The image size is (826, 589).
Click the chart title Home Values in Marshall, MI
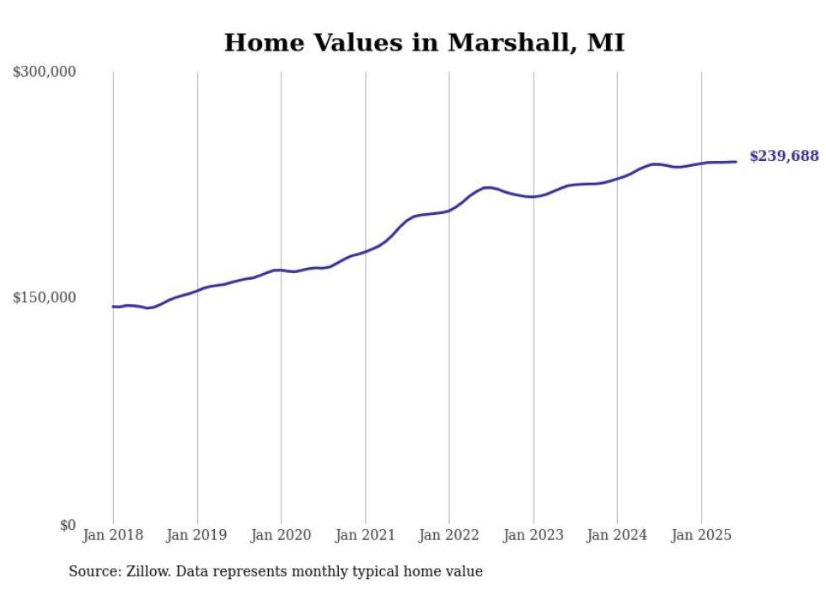(x=424, y=43)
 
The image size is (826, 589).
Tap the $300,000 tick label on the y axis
(x=45, y=72)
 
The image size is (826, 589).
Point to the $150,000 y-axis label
(x=45, y=297)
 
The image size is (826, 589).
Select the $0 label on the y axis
(x=67, y=525)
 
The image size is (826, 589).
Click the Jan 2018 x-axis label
(x=113, y=535)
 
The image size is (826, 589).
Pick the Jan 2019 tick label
(x=197, y=535)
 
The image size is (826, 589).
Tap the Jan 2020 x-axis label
(x=281, y=535)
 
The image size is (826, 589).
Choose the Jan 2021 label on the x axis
(x=365, y=535)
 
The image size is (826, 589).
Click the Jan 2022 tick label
(x=449, y=535)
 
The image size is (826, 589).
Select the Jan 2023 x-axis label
(x=533, y=535)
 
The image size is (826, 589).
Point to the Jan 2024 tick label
(x=617, y=535)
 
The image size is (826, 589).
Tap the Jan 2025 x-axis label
(x=701, y=535)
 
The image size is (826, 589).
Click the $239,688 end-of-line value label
(x=784, y=157)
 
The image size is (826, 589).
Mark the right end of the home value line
(x=736, y=162)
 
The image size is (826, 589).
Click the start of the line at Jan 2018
(x=113, y=307)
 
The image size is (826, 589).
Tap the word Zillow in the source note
(x=148, y=572)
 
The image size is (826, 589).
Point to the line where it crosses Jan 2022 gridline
(x=449, y=210)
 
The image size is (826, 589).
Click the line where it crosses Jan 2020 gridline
(x=281, y=270)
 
